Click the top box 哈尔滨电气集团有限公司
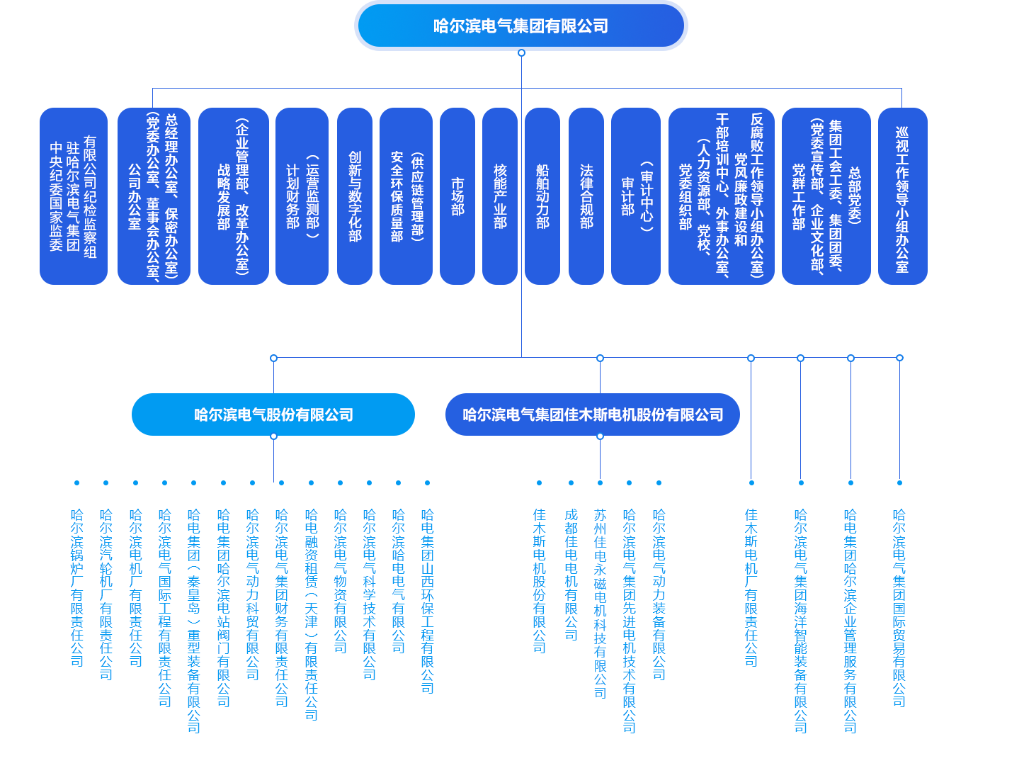coord(521,26)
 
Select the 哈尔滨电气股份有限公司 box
coord(273,414)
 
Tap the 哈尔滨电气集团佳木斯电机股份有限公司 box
coord(593,414)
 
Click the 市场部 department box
coord(457,196)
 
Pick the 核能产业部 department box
coord(500,196)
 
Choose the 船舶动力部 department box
coord(542,196)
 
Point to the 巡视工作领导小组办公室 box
coord(902,196)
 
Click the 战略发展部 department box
coord(233,196)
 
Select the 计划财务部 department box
coord(302,196)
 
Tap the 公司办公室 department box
coord(154,196)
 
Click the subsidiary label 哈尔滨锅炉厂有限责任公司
coord(76,587)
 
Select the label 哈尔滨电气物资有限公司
coord(340,580)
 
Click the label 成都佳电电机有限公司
coord(571,574)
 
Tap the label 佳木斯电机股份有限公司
coord(539,580)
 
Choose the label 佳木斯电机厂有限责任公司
coord(751,587)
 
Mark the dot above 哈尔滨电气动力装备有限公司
coord(659,483)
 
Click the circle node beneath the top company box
coord(522,53)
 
